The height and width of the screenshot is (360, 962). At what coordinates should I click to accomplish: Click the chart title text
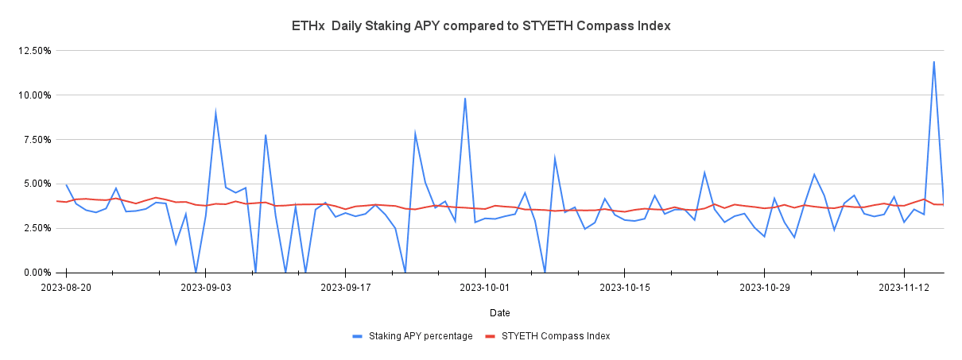(481, 26)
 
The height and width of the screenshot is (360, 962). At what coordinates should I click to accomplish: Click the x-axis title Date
(500, 312)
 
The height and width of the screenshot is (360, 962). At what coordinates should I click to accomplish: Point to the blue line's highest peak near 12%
(933, 62)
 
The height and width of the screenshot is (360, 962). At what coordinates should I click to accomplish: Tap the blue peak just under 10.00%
(465, 99)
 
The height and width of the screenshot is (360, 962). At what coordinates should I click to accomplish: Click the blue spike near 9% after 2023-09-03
(215, 112)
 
